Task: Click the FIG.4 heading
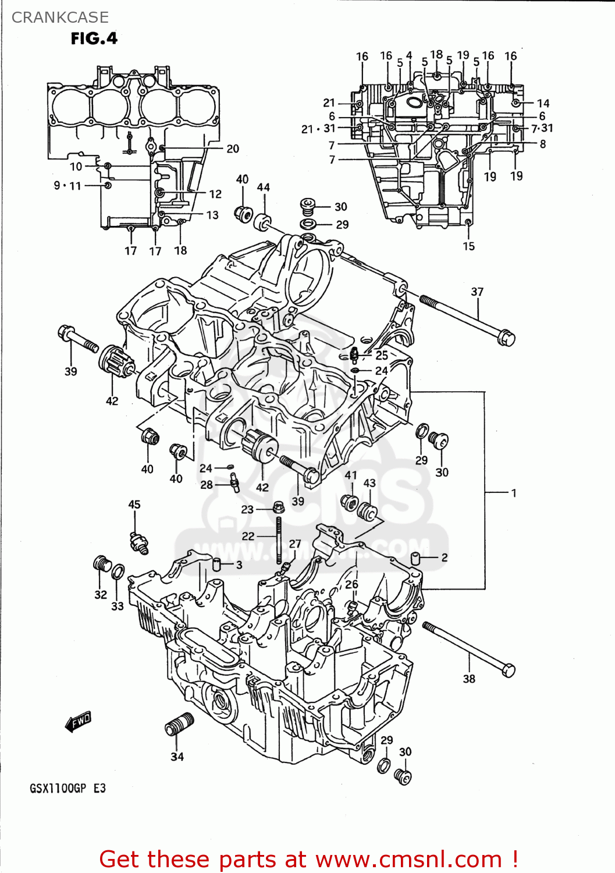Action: click(94, 38)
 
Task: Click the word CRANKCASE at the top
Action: click(60, 17)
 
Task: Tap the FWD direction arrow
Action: click(79, 722)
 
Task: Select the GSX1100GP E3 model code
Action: click(67, 789)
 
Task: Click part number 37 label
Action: click(477, 292)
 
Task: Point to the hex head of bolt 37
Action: click(506, 338)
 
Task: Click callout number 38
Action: click(469, 679)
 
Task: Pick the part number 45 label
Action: click(134, 505)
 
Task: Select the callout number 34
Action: click(177, 757)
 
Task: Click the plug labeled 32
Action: click(102, 564)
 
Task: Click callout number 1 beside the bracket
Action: click(513, 493)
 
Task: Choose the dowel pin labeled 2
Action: click(417, 558)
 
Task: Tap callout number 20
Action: click(233, 149)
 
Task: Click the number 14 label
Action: click(543, 103)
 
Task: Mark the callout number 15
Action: click(468, 246)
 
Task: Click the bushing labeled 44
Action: click(263, 222)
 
